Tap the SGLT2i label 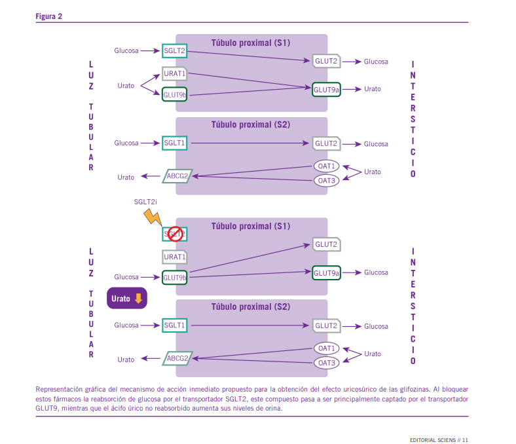[145, 202]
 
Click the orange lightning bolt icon [153, 217]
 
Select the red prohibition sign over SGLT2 [174, 233]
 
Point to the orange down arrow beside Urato [138, 299]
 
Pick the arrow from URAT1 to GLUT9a [249, 80]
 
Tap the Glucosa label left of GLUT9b [126, 277]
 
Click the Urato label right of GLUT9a [373, 89]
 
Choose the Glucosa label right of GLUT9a [376, 272]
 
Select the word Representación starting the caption [59, 388]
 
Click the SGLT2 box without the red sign [174, 50]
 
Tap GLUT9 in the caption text [47, 408]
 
